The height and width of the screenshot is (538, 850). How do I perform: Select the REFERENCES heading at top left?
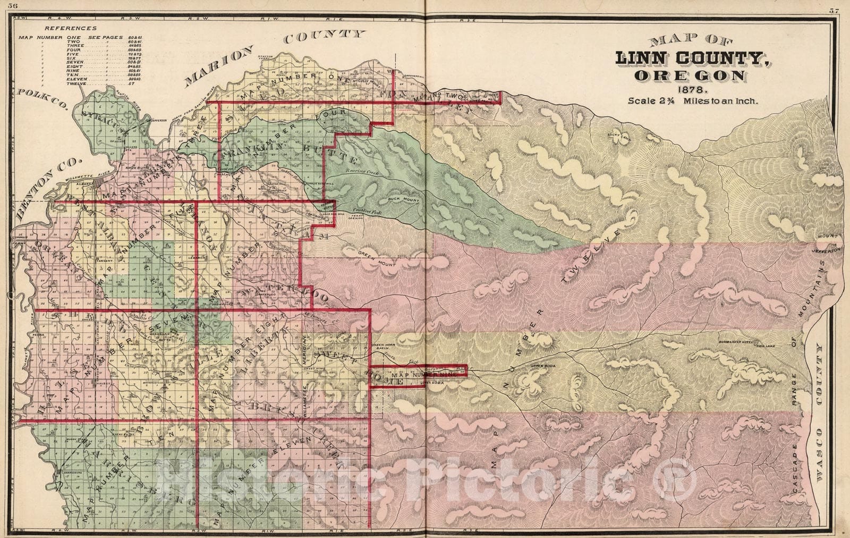(x=70, y=28)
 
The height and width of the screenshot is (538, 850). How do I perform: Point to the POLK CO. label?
(x=44, y=99)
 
